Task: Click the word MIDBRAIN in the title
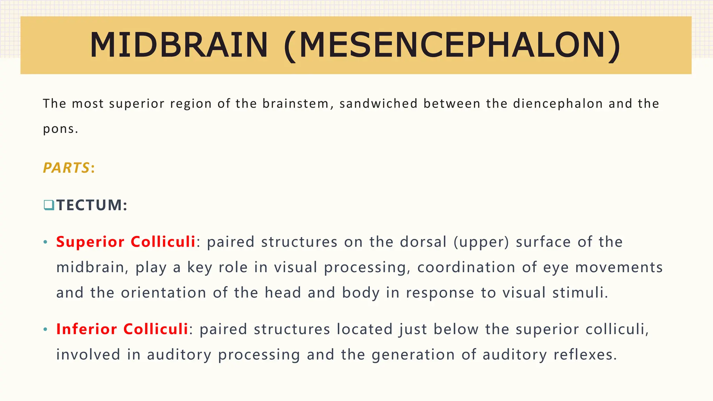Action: click(x=179, y=45)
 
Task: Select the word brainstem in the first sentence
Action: click(x=296, y=104)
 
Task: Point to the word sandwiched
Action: click(x=378, y=104)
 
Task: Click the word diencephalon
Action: click(x=558, y=104)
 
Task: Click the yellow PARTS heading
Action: click(x=66, y=168)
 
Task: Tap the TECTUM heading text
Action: click(x=92, y=205)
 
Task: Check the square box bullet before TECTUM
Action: click(x=49, y=205)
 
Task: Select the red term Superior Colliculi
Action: click(x=126, y=242)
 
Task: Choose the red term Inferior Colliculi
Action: click(x=122, y=329)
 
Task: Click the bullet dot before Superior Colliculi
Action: click(x=45, y=242)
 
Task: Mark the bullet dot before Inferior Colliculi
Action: click(x=45, y=330)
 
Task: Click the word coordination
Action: click(x=466, y=267)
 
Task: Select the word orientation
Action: click(x=164, y=293)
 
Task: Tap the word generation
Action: click(x=413, y=355)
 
